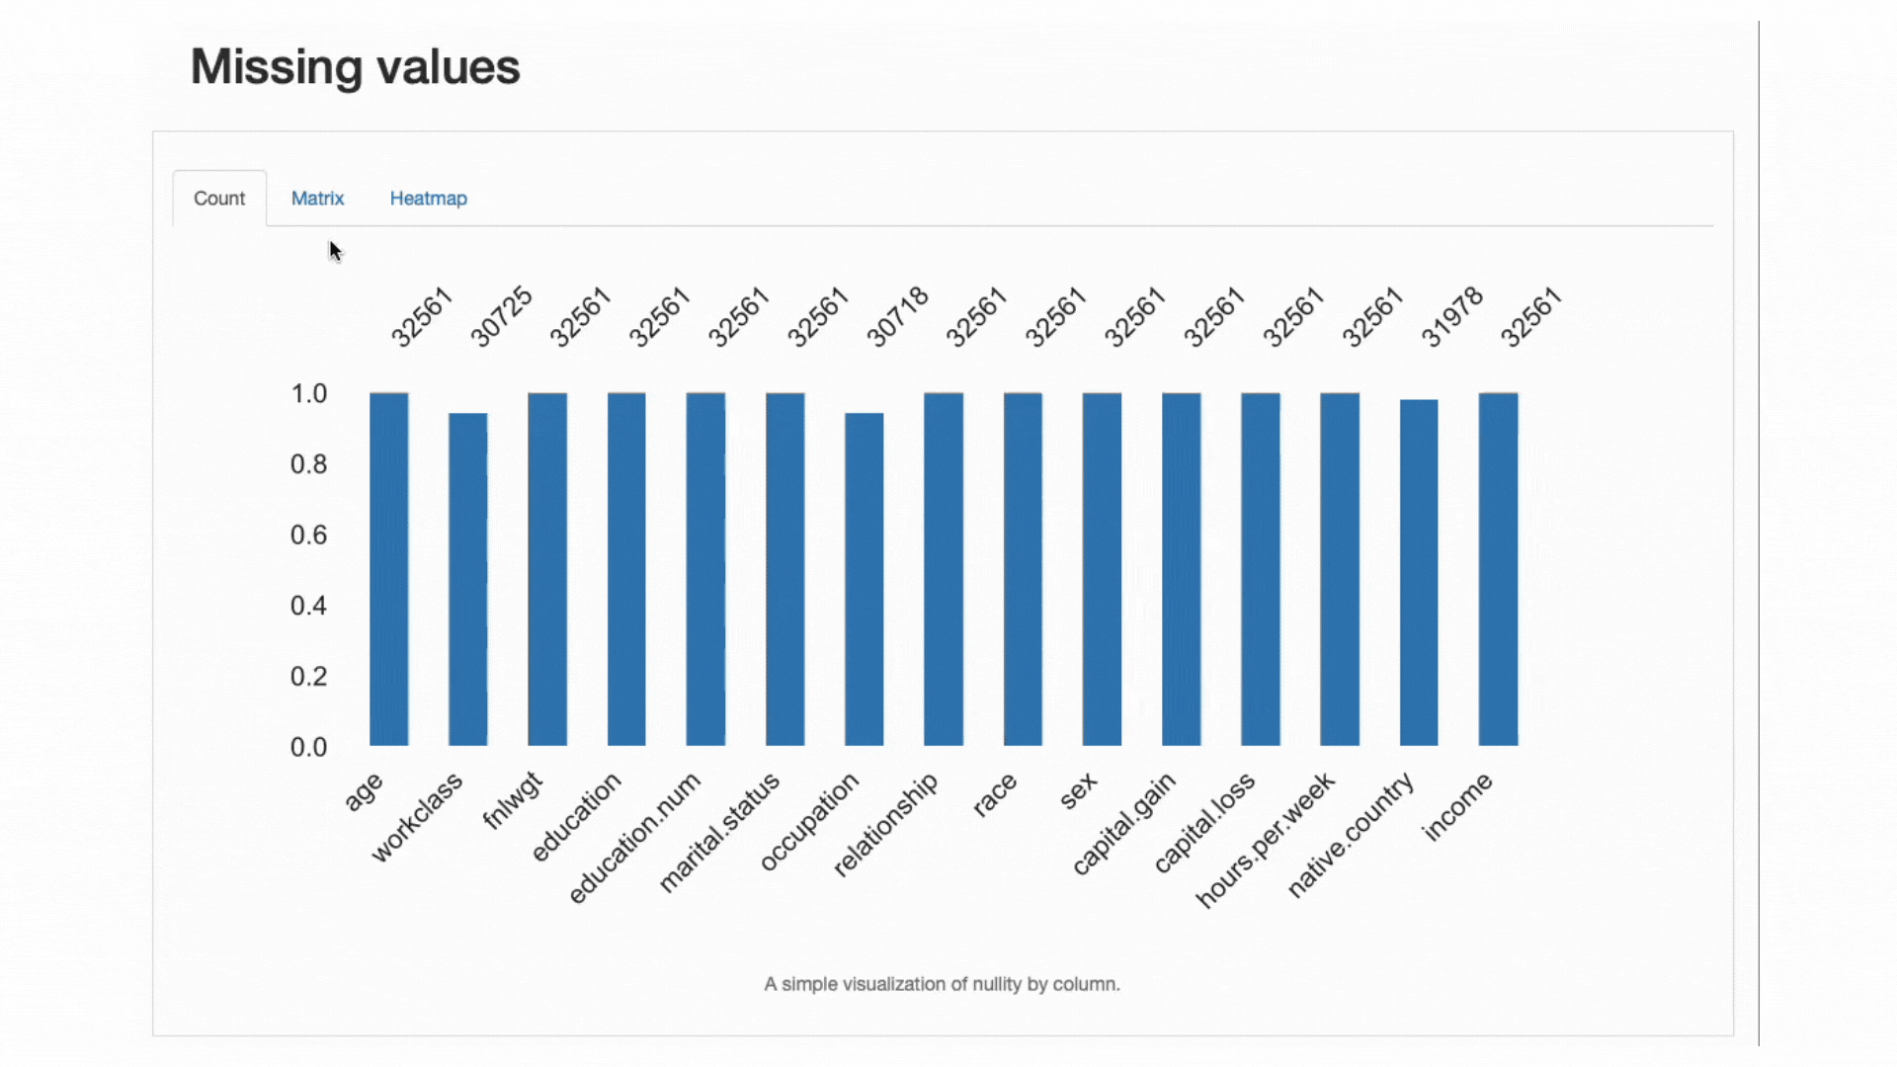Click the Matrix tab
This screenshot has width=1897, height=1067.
(317, 199)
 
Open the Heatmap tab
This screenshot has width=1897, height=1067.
(428, 199)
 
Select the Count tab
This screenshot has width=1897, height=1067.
(219, 199)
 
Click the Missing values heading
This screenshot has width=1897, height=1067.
(355, 67)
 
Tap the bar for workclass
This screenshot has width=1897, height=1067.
(467, 579)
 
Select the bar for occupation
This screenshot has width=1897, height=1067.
(864, 579)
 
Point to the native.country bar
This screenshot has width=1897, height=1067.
(1418, 573)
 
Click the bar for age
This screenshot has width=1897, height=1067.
(388, 569)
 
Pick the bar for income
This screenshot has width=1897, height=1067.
(1498, 569)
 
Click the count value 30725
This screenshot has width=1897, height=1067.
(501, 316)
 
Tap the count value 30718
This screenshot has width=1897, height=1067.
(897, 316)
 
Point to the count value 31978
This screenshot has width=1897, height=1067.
(1451, 316)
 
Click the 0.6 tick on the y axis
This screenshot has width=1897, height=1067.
(308, 535)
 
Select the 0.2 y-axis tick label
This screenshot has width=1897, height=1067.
(308, 677)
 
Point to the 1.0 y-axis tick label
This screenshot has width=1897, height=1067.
(308, 394)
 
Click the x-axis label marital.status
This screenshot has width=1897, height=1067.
(719, 833)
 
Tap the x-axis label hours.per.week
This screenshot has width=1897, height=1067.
(1266, 840)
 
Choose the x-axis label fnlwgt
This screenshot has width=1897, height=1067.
(513, 800)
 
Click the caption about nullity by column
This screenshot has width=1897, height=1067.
(942, 984)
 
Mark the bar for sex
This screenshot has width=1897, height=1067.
(1102, 569)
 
